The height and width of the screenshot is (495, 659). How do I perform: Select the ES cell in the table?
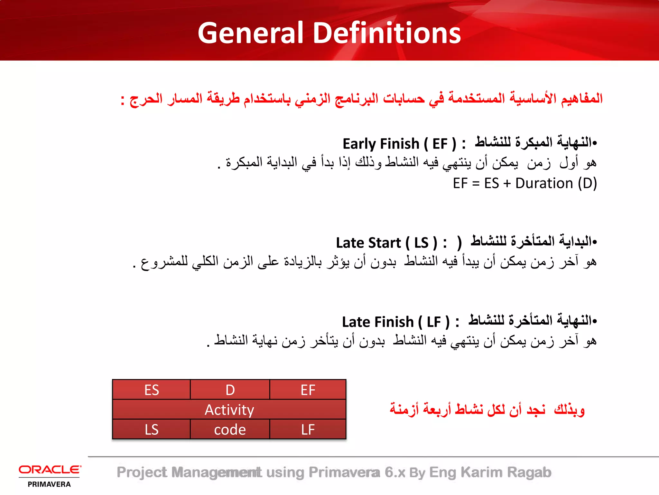[151, 390]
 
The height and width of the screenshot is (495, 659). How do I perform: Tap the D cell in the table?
[230, 390]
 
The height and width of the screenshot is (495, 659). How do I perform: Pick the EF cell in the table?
[308, 390]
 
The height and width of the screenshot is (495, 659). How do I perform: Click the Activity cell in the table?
[229, 410]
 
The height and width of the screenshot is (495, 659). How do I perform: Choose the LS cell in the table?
[151, 429]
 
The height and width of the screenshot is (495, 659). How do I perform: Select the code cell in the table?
[230, 429]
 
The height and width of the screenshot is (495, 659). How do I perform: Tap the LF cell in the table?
[308, 429]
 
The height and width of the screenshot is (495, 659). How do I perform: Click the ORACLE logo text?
[50, 470]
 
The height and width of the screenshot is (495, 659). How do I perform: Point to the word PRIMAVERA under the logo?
[49, 484]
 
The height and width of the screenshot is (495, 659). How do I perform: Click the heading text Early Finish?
[381, 144]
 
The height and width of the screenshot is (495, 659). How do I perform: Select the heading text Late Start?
[368, 243]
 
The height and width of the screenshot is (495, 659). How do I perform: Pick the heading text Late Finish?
[377, 322]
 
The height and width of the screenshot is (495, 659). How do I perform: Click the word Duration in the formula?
[544, 183]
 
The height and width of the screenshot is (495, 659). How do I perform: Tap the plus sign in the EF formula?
[507, 183]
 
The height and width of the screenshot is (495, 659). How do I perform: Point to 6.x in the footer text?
[394, 472]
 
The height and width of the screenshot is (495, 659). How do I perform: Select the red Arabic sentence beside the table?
[487, 410]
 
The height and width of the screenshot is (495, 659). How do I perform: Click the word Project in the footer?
[142, 472]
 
